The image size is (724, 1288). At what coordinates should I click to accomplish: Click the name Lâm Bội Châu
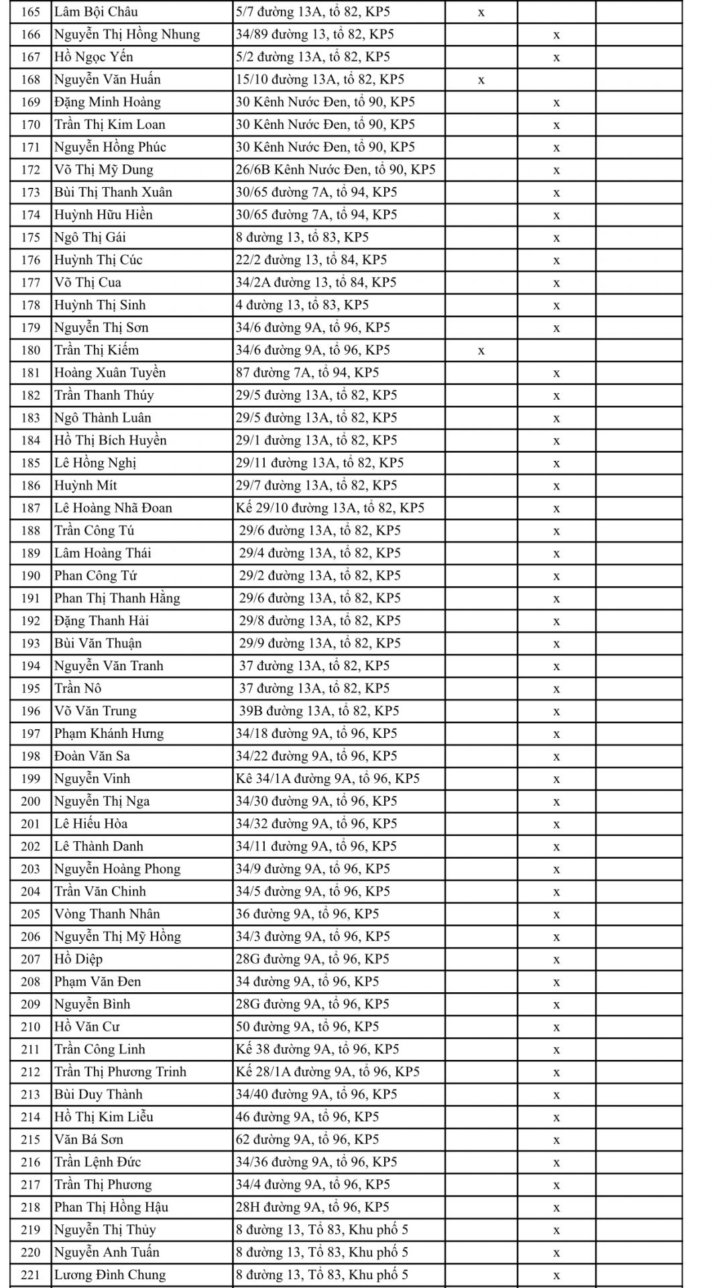96,12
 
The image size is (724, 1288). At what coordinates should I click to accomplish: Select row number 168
31,80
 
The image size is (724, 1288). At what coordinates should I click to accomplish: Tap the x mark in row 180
481,350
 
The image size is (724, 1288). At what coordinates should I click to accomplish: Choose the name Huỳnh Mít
85,486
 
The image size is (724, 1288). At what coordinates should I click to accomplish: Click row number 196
31,711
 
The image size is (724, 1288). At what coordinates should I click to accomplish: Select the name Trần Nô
77,688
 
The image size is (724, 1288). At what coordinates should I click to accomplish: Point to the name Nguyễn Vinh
92,779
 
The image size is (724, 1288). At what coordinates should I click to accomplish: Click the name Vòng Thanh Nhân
107,914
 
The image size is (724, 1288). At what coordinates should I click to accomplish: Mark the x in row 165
481,12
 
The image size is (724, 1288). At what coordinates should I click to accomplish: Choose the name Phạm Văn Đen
97,982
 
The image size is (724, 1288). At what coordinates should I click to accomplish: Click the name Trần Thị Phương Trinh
120,1072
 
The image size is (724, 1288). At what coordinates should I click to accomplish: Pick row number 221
31,1275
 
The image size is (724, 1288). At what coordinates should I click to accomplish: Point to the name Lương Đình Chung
109,1275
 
